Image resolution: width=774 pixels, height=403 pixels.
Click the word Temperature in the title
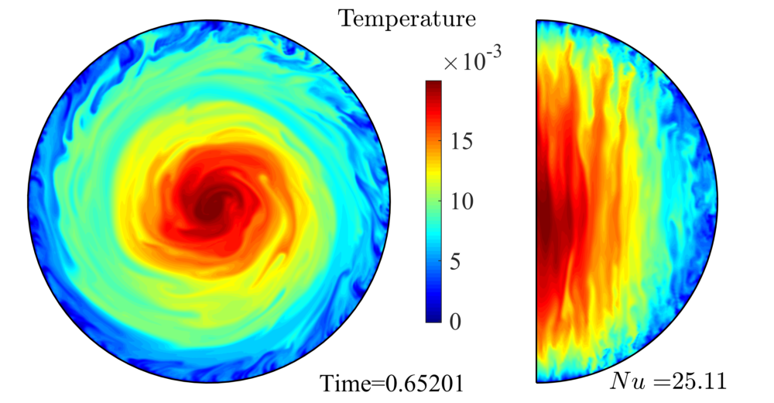click(406, 17)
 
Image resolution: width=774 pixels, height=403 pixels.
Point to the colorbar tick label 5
click(456, 262)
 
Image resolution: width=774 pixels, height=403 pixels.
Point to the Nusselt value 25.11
click(693, 381)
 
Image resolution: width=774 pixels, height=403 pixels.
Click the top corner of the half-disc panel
click(536, 21)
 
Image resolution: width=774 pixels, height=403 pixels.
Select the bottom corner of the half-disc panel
click(536, 381)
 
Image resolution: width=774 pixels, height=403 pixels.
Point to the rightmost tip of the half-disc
click(716, 201)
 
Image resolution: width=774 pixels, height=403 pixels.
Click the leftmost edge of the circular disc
click(29, 201)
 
